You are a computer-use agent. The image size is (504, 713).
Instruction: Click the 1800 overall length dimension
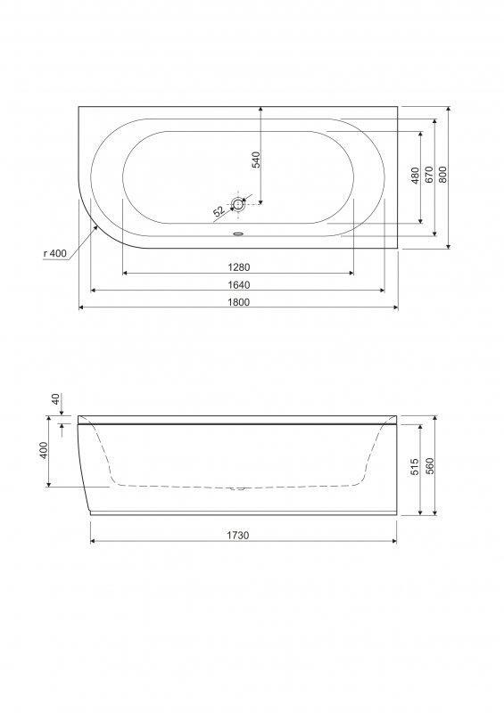point(238,302)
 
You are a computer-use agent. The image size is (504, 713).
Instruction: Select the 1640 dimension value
point(238,285)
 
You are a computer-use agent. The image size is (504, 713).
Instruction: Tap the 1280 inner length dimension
point(238,267)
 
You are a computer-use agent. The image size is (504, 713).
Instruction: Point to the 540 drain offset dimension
point(256,160)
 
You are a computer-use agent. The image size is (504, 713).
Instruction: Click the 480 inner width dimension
point(415,176)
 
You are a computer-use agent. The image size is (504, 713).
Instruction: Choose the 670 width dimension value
point(429,175)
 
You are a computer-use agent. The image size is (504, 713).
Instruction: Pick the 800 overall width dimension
point(443,175)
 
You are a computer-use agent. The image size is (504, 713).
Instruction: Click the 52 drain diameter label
point(219,211)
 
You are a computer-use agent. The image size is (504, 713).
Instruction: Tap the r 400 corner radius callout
point(55,253)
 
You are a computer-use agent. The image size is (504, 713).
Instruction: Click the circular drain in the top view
point(238,204)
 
